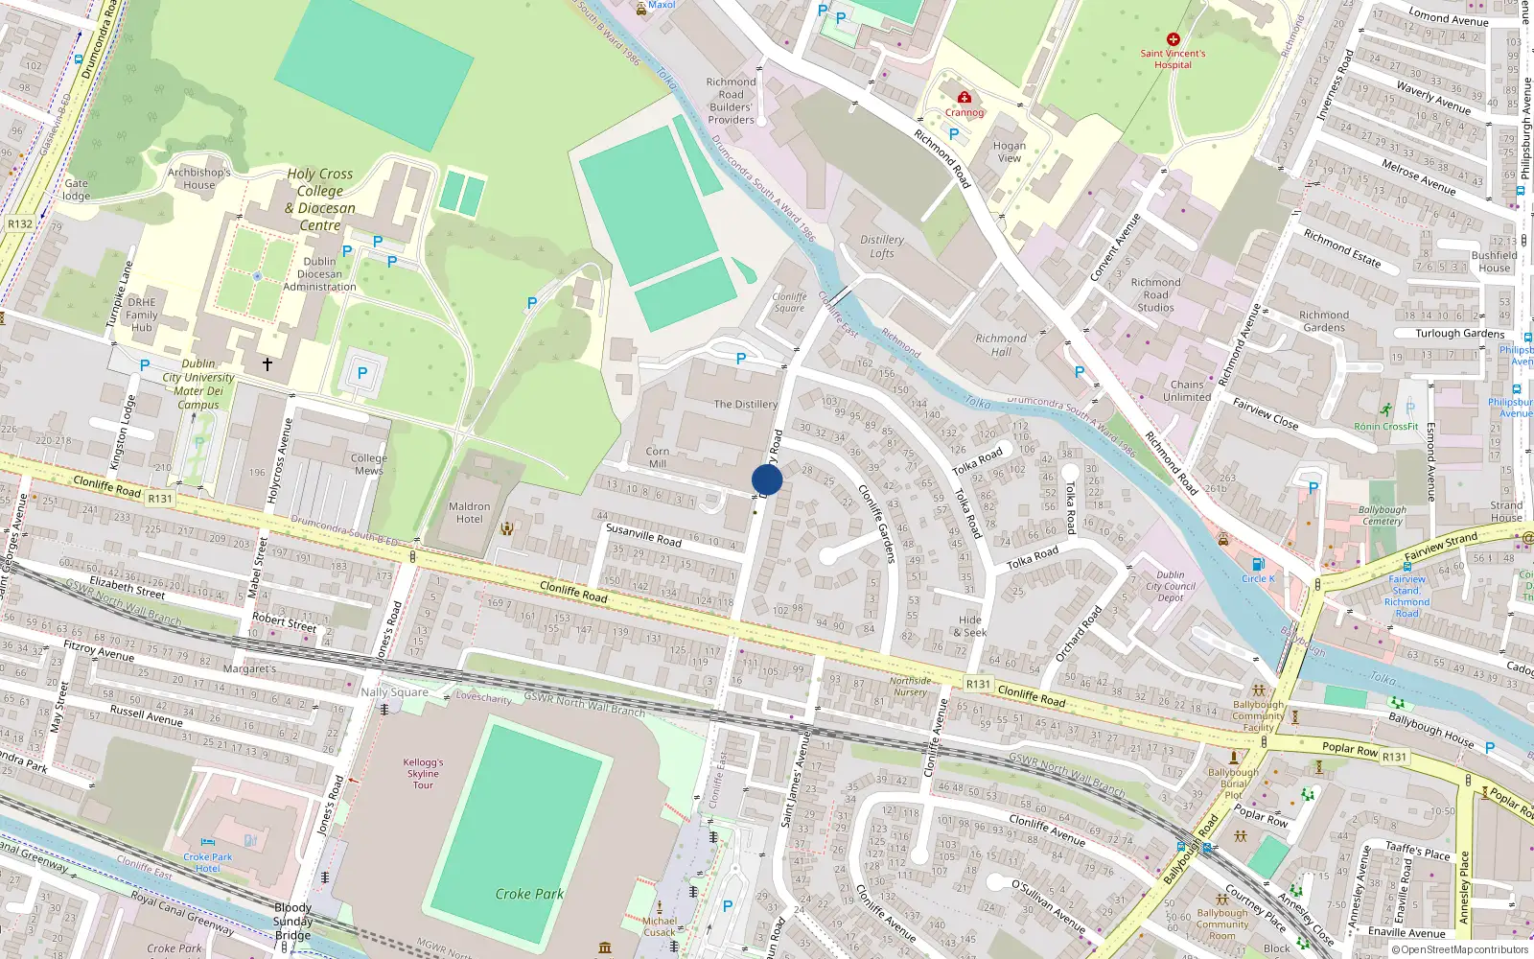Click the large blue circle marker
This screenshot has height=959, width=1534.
767,479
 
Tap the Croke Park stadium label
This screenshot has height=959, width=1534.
529,894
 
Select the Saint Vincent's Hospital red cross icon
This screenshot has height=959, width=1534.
1173,39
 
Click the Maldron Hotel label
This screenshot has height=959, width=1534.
469,513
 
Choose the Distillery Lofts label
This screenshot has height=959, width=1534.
882,246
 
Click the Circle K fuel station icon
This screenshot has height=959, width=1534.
1258,565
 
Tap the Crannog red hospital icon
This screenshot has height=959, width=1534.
965,98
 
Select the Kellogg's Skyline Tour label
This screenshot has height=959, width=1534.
423,773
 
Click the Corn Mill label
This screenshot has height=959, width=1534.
658,457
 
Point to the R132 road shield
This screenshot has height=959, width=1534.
20,223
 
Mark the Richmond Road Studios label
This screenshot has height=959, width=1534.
1155,294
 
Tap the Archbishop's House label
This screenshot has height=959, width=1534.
199,178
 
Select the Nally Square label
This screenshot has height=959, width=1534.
394,691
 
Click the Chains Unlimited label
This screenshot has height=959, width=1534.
1187,390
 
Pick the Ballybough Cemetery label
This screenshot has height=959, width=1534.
1383,515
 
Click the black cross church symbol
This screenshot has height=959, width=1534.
267,364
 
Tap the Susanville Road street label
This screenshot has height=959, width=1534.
643,535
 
